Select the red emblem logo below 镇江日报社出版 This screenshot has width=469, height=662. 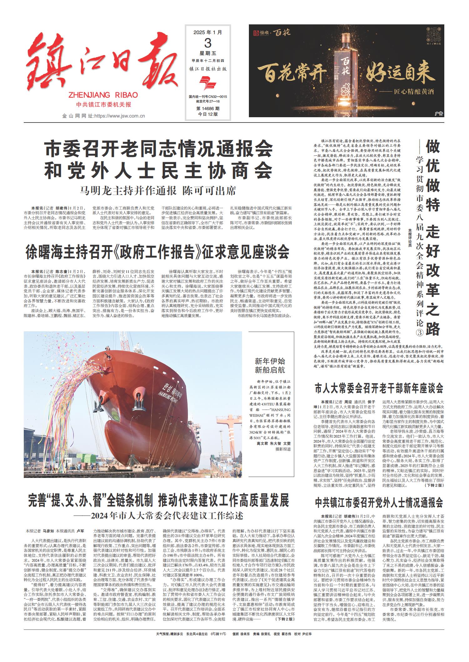pos(208,84)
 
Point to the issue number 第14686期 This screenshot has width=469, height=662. pos(208,109)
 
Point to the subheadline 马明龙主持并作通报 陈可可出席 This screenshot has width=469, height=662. pos(158,190)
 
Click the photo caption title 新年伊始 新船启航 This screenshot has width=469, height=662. pos(270,366)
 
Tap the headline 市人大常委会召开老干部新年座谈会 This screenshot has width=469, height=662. pos(379,389)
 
